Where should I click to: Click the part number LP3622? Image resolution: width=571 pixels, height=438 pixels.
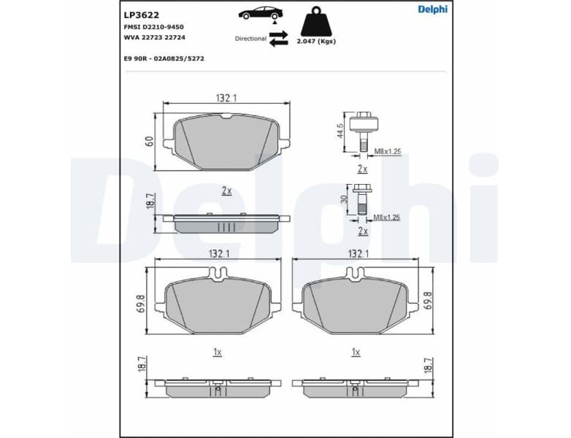tap(140, 13)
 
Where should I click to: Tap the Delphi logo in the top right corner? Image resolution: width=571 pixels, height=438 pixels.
tap(432, 9)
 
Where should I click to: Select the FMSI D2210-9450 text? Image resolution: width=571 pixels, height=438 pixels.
tap(154, 26)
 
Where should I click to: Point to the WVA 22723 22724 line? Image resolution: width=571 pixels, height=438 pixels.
tap(156, 37)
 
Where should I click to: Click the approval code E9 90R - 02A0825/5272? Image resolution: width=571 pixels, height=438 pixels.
tap(164, 58)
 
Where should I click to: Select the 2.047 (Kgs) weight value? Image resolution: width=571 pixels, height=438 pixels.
tap(316, 42)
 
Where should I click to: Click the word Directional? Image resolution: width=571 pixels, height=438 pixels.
tap(250, 39)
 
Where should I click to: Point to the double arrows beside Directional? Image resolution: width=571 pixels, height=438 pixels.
tap(278, 39)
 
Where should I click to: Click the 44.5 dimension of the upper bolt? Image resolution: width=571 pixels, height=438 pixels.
tap(340, 131)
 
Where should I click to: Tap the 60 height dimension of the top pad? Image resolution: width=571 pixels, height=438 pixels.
tap(149, 141)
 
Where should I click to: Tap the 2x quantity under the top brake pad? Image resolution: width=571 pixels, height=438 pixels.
tap(226, 191)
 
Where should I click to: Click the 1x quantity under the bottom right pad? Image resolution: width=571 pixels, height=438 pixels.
tap(356, 352)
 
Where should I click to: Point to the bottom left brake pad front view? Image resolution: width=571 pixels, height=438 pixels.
tap(217, 301)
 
